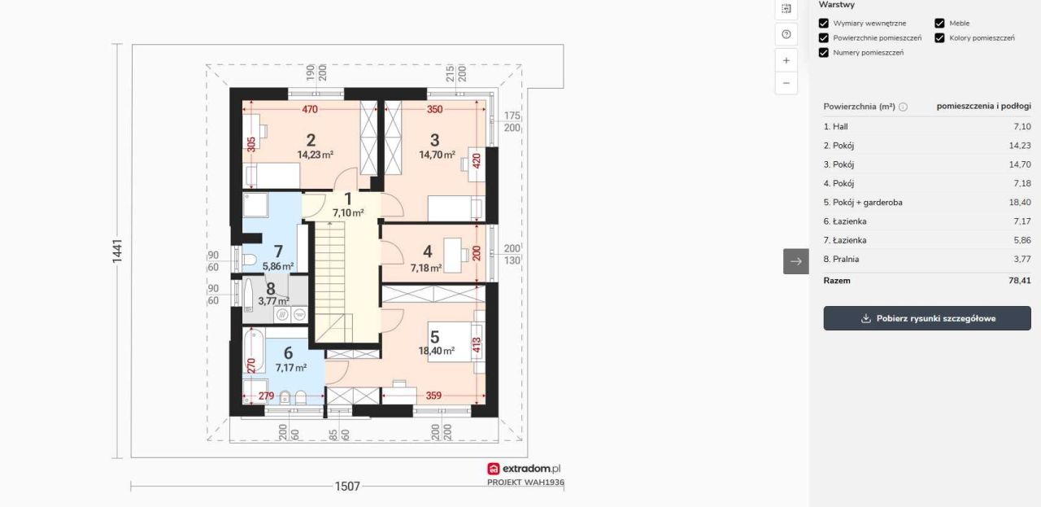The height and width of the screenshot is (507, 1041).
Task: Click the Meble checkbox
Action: (x=939, y=24)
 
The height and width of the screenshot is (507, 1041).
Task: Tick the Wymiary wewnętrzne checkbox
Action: (x=824, y=24)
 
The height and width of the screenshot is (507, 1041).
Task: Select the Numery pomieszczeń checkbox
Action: (x=824, y=53)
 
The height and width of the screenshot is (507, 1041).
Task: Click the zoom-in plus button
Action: (x=786, y=60)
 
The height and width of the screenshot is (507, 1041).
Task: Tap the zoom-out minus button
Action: (x=786, y=83)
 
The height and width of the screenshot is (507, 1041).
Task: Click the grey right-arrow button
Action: (x=796, y=261)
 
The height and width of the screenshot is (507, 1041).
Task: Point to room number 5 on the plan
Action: (x=435, y=336)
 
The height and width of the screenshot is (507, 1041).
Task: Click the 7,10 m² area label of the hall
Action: (x=348, y=213)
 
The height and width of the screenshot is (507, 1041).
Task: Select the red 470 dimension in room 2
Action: (x=310, y=109)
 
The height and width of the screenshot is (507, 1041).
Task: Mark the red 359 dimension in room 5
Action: (x=433, y=396)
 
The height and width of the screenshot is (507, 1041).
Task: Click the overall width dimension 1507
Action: (x=347, y=487)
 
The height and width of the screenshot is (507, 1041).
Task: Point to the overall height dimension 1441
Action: (x=117, y=251)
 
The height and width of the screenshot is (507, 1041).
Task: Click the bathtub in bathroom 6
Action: (x=255, y=350)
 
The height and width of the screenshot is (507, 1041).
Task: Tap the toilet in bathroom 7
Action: (x=250, y=260)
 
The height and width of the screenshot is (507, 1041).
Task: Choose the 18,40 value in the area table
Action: (x=1020, y=203)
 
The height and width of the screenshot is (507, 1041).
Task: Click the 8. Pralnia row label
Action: (x=841, y=259)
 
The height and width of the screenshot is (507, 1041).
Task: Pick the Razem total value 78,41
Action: (x=1020, y=281)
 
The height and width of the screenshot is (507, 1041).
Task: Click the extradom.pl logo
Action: (x=525, y=469)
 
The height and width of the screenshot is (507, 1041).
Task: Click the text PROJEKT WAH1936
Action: (x=525, y=483)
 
